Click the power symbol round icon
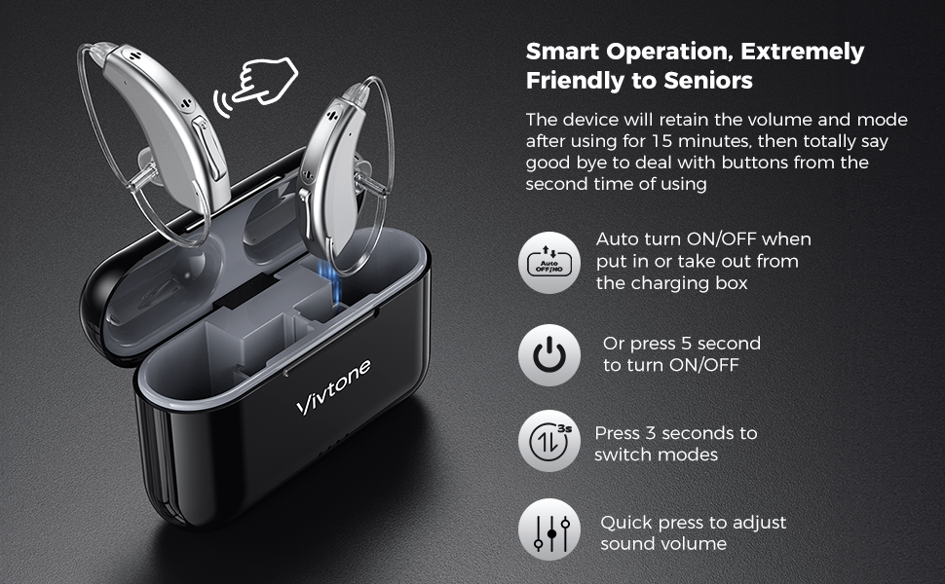pyautogui.click(x=548, y=355)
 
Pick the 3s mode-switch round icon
pyautogui.click(x=548, y=443)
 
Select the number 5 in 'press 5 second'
pyautogui.click(x=687, y=344)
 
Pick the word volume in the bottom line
pyautogui.click(x=693, y=544)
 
